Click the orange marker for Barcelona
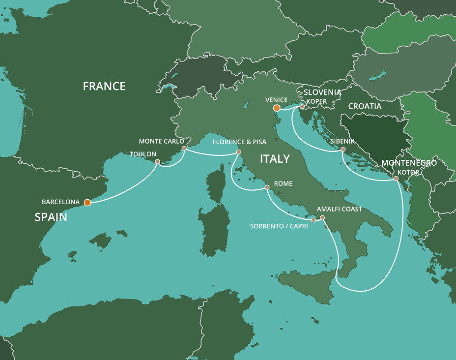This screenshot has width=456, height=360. (87, 202)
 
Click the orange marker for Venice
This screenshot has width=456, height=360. (277, 108)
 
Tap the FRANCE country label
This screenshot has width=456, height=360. (104, 87)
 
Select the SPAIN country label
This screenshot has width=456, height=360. (51, 217)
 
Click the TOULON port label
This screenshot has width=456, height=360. (142, 154)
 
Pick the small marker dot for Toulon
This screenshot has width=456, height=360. (157, 162)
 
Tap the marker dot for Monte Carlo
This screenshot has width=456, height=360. (184, 148)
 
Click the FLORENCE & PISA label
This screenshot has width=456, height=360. (239, 142)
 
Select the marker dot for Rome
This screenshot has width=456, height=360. (267, 187)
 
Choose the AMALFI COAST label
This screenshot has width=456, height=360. (340, 209)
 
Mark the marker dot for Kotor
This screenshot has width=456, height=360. (396, 179)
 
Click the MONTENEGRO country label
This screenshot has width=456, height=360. (409, 163)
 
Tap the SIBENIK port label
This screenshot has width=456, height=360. (342, 141)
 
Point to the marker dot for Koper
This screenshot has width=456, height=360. (302, 106)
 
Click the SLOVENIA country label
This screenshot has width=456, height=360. (322, 92)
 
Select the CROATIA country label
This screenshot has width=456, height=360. (365, 106)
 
